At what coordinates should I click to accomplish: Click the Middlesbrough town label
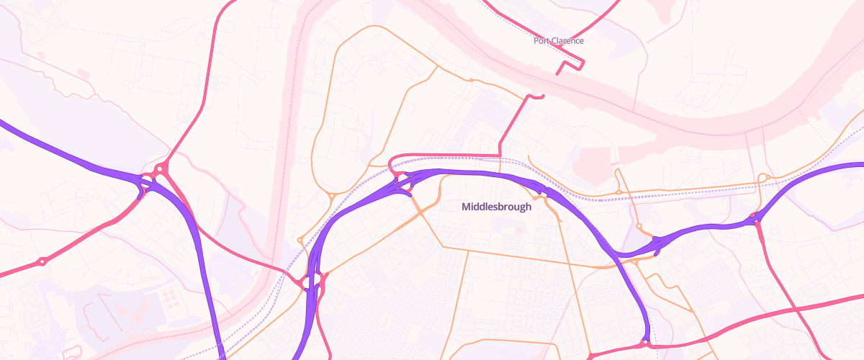(496, 207)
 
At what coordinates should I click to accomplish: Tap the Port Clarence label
(558, 41)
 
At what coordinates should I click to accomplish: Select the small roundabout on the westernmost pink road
(42, 261)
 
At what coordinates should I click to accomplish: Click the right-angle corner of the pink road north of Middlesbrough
(499, 155)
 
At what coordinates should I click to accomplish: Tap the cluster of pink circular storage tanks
(169, 296)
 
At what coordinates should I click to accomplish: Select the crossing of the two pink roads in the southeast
(797, 308)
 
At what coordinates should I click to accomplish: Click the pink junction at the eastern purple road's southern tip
(646, 343)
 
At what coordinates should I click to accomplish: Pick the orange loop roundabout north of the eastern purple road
(765, 177)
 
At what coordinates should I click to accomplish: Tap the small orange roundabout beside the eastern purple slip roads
(639, 226)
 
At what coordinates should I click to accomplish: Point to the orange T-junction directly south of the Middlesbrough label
(468, 251)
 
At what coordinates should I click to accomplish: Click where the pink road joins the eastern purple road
(755, 220)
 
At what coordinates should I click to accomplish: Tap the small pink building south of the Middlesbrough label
(518, 230)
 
